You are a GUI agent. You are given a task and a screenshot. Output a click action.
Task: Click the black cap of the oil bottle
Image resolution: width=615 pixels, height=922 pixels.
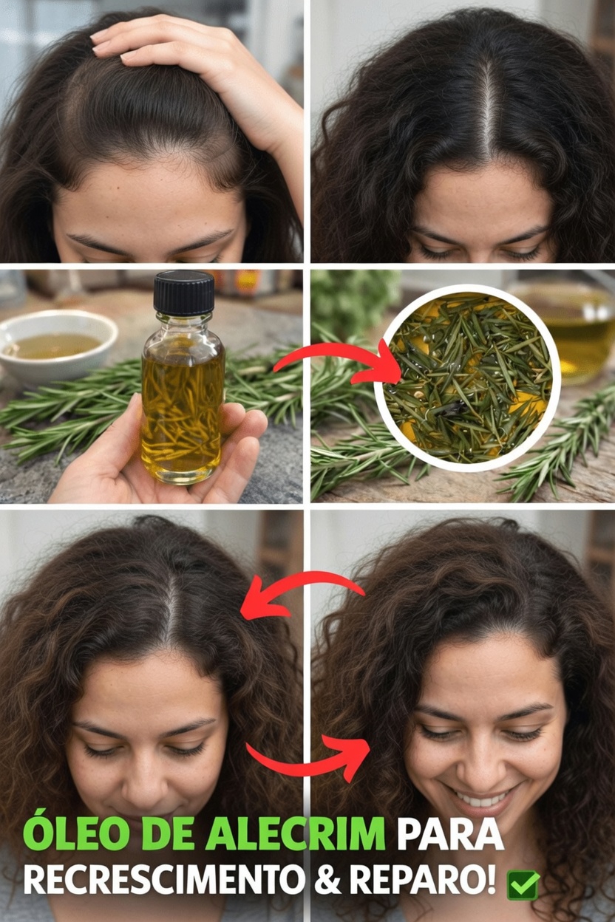click(x=183, y=293)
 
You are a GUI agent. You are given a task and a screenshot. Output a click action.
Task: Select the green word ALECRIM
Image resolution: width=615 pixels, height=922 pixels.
click(x=295, y=834)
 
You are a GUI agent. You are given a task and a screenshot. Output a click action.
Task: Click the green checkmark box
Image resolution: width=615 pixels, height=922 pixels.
click(x=523, y=884)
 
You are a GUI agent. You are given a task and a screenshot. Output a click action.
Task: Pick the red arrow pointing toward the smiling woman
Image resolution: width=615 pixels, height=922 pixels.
click(x=310, y=757)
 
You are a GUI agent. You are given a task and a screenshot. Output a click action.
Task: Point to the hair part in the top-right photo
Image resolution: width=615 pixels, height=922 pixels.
click(x=486, y=111)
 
